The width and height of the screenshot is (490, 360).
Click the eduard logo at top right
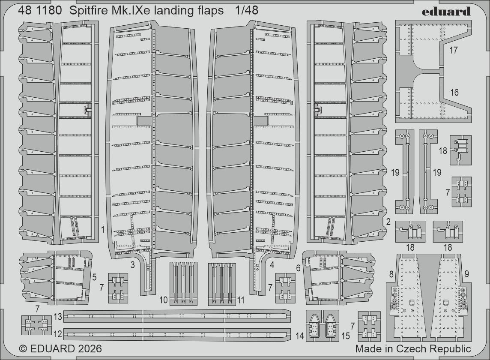[446, 12]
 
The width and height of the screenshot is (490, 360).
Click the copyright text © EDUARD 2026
[60, 348]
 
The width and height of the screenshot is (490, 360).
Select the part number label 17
[454, 51]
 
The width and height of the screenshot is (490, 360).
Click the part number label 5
[95, 277]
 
